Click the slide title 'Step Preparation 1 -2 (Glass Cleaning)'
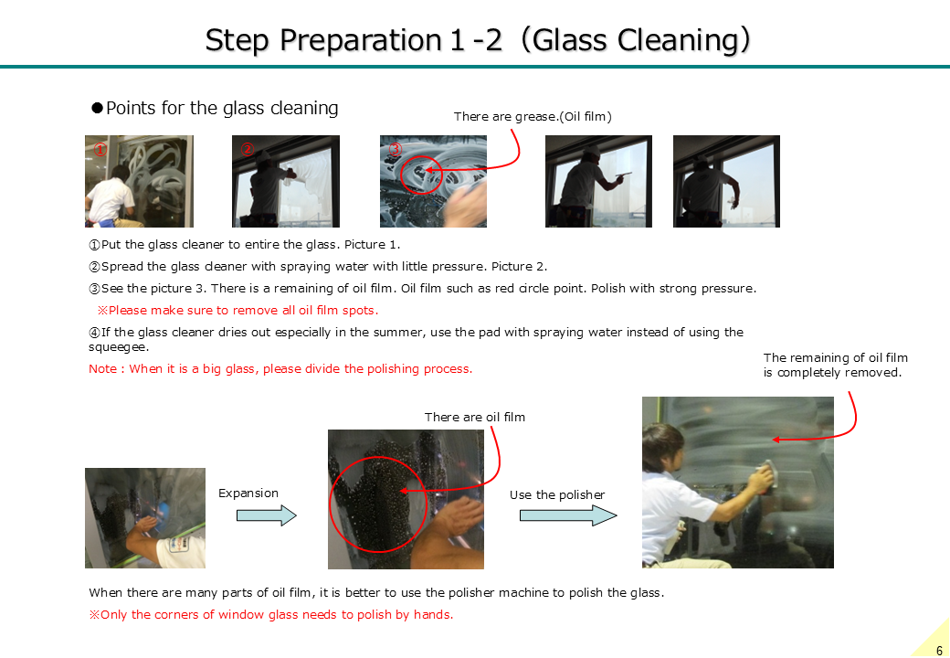click(478, 40)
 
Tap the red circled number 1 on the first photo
click(100, 149)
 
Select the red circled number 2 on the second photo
click(248, 149)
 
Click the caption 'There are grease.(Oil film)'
click(533, 116)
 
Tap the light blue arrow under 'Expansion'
click(266, 515)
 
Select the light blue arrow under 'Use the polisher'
click(567, 515)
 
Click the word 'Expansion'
click(248, 493)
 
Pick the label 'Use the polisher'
click(557, 495)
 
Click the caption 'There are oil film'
click(474, 417)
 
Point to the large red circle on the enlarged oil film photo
click(330, 504)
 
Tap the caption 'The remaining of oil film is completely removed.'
click(836, 366)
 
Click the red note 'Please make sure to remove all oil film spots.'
click(238, 310)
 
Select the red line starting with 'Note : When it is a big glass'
click(280, 368)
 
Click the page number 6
click(939, 650)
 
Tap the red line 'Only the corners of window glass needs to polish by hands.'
click(270, 614)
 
